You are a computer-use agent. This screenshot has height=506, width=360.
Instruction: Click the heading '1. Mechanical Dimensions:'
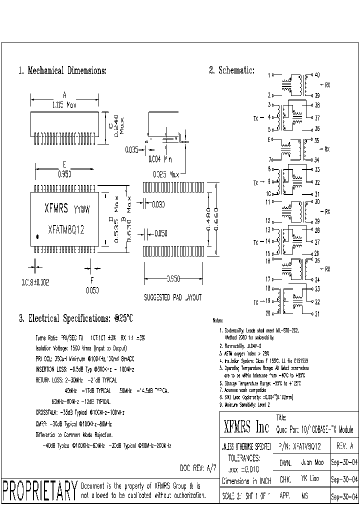(62, 71)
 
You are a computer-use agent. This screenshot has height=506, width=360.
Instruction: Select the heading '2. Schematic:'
(231, 70)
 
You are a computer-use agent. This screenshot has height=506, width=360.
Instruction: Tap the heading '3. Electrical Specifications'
(75, 318)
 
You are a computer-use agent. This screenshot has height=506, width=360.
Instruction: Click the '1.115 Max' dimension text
(64, 105)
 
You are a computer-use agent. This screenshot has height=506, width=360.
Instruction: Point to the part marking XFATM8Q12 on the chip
(65, 229)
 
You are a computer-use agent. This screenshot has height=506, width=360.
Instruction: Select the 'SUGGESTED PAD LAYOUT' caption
(172, 297)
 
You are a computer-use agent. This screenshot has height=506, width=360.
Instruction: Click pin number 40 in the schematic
(316, 75)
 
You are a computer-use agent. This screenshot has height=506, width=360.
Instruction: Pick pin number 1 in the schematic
(269, 75)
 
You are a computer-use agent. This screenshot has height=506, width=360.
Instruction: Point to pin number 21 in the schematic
(317, 314)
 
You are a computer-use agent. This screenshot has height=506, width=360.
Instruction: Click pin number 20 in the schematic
(268, 313)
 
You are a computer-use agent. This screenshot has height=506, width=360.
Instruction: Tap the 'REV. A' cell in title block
(344, 445)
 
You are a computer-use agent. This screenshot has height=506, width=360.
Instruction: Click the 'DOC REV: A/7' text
(198, 468)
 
